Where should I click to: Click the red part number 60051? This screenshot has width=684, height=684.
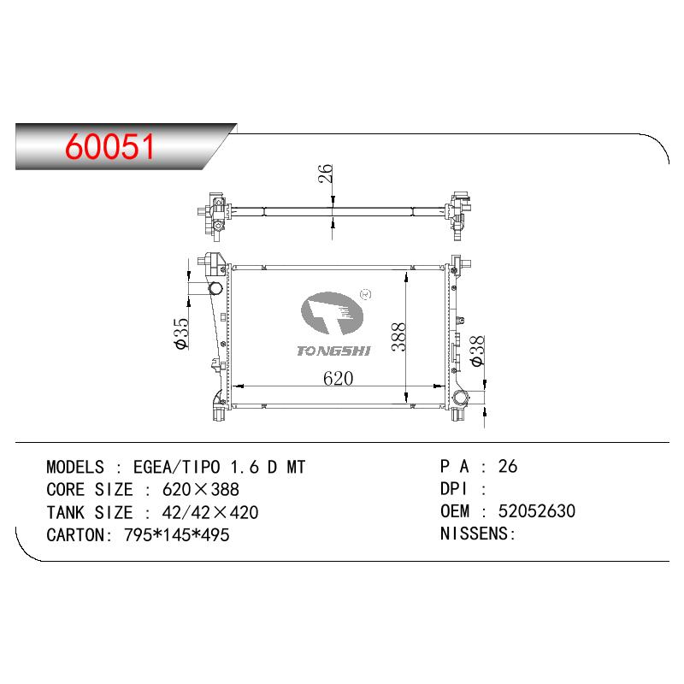point(109,146)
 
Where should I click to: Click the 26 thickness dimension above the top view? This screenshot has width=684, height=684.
point(326,174)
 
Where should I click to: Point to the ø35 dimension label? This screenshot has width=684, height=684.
point(181,333)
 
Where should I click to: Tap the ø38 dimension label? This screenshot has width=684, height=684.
point(477,351)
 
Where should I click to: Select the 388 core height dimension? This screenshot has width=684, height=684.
point(398,337)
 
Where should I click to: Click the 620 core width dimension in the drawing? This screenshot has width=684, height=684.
point(338,378)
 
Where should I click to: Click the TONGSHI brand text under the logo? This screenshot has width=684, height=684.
point(333,351)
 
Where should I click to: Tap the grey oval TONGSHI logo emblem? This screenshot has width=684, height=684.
point(332,313)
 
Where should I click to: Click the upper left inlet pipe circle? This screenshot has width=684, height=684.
point(215,288)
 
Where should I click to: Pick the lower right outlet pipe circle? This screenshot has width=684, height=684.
point(460,398)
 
